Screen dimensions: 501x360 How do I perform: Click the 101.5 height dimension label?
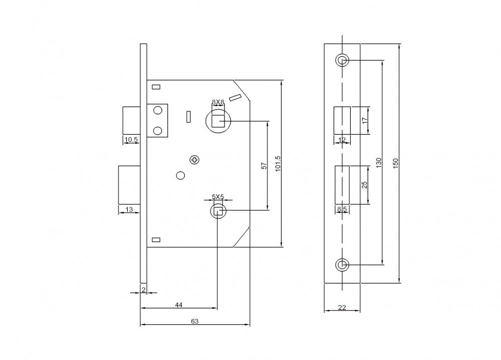[278, 163]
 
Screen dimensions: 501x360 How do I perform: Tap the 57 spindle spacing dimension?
[264, 166]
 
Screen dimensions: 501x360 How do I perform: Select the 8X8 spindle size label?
[218, 102]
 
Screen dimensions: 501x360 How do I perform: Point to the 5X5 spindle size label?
[218, 197]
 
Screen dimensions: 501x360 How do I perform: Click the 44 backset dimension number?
[179, 305]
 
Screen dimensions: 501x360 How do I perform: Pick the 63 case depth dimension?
[194, 321]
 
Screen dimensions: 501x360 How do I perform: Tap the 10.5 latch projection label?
[131, 139]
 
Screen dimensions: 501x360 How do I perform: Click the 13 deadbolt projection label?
[129, 210]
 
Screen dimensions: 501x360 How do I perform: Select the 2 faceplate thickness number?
[143, 290]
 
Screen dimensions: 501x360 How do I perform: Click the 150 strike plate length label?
[396, 163]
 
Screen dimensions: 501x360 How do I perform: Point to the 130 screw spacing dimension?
[379, 163]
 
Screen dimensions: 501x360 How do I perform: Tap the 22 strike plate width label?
[342, 307]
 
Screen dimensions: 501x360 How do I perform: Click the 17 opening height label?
[365, 121]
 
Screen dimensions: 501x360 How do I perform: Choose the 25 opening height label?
[364, 185]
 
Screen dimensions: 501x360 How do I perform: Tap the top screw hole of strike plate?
[342, 60]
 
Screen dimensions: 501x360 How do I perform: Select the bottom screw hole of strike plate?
[342, 265]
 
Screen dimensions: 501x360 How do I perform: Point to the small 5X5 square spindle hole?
[218, 211]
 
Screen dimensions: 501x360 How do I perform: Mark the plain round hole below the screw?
[180, 175]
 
